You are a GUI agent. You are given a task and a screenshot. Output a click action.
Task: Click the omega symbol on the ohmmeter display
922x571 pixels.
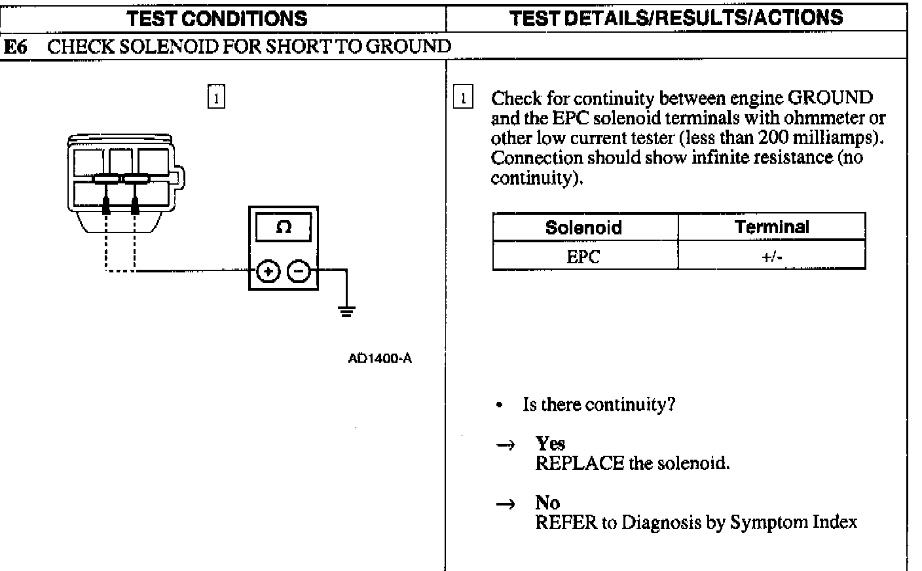[284, 227]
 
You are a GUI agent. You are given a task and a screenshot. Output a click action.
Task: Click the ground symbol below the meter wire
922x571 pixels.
[346, 311]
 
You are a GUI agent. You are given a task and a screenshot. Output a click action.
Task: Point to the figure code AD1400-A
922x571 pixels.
[380, 358]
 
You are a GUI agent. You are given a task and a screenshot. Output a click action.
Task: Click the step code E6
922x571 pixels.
[15, 46]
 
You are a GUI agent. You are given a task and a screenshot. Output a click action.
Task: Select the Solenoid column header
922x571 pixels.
[583, 227]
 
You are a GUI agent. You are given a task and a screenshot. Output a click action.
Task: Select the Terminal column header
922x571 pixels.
[771, 227]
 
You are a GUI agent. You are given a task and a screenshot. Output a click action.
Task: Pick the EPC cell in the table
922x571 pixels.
[583, 257]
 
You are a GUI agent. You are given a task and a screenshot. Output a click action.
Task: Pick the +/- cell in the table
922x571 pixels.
[771, 257]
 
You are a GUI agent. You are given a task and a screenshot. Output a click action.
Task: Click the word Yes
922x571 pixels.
[550, 444]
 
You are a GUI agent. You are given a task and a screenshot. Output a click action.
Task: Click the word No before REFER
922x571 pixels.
[547, 503]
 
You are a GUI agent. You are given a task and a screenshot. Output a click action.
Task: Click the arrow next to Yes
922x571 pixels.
[505, 445]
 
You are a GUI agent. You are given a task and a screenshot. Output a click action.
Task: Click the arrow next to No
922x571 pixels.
[505, 504]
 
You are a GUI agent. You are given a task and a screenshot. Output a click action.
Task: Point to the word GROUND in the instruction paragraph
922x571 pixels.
[830, 98]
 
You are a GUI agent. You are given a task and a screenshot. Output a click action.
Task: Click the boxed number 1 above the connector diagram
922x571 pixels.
[216, 98]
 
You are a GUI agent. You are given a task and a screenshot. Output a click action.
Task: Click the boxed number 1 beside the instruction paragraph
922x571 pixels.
[463, 98]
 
